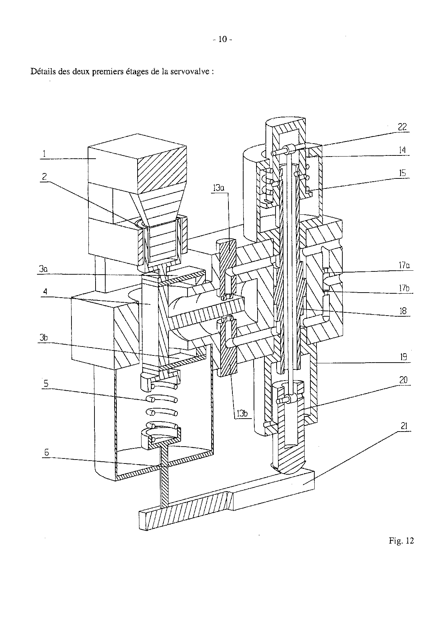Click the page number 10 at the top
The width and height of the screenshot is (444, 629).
coord(223,39)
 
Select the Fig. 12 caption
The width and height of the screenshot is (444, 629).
coord(401,541)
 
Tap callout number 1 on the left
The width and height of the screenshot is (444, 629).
coord(44,154)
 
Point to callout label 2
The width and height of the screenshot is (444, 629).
coord(44,177)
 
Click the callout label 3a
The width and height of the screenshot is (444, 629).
coord(43,269)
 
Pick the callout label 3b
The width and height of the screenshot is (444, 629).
coord(44,337)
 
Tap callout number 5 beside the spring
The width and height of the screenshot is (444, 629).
coord(46,384)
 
